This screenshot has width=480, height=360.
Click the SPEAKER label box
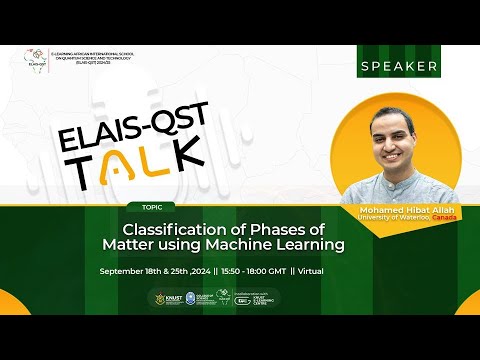(397, 66)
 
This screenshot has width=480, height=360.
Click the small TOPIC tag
(152, 207)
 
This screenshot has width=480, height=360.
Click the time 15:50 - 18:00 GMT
(250, 271)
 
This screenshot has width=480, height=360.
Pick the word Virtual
(309, 271)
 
